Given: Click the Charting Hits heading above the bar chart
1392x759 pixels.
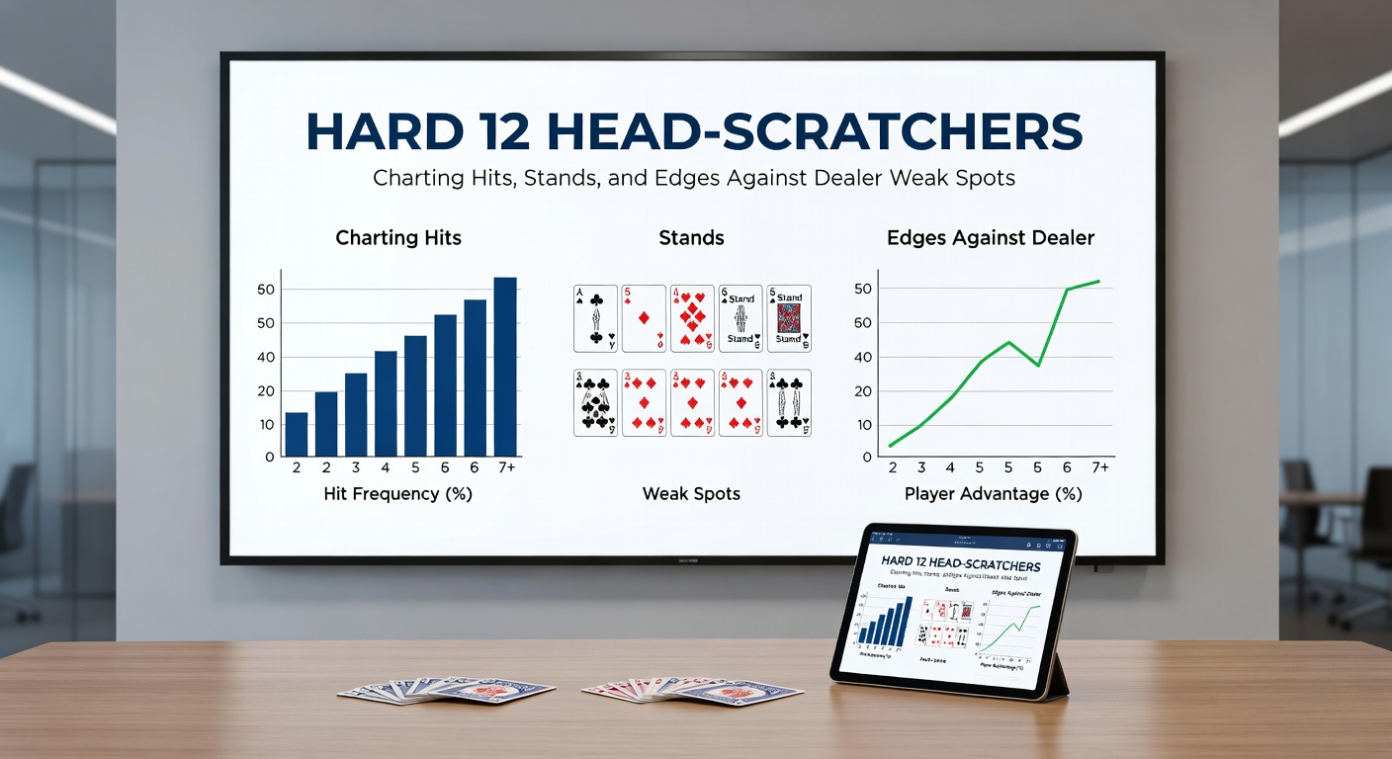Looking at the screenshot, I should coord(398,238).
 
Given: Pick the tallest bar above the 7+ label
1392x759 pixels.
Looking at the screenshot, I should coord(505,367).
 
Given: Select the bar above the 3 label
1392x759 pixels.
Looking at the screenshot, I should coord(356,414).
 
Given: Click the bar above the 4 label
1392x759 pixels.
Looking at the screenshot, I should coord(386,403).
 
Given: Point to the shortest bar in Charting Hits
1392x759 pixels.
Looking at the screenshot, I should coord(297,434).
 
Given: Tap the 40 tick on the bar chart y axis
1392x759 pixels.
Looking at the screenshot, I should coord(265,357).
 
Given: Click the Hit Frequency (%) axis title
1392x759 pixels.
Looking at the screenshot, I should coord(398,493).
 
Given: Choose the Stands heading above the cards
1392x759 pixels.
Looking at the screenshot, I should coord(691,238).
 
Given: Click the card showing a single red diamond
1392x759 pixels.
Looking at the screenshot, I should coord(644,318).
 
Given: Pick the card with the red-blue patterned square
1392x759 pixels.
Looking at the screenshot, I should coord(789,318).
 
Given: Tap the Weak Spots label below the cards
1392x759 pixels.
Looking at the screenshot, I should coord(691,493).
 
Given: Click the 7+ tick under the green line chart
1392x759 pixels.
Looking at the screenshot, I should coord(1098,466).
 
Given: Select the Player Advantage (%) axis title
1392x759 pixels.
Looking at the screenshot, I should coord(994,493).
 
